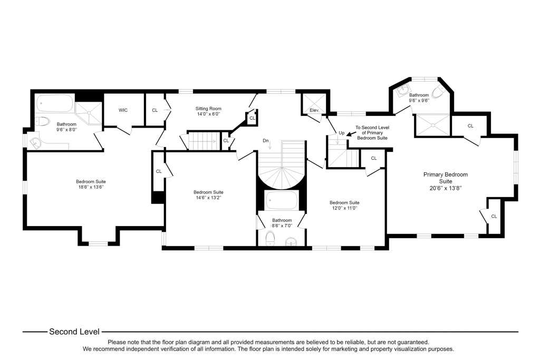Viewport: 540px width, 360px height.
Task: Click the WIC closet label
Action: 123,110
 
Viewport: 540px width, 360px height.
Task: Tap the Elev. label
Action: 314,110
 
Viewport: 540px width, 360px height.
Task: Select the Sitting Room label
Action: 208,109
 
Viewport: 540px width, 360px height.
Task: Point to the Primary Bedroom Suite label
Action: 446,178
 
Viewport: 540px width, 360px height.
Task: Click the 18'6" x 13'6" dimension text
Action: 91,187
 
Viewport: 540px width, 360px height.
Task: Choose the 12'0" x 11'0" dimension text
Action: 344,208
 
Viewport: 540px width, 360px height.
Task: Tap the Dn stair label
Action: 266,141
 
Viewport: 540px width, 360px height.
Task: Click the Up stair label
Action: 342,133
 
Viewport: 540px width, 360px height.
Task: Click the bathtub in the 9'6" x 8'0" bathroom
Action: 55,103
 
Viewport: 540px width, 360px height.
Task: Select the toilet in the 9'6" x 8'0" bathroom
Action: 42,121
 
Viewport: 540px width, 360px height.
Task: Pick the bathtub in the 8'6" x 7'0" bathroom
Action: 282,200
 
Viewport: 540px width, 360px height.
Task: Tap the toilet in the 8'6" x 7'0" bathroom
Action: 271,238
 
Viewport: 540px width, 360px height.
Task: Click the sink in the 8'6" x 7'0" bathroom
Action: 292,241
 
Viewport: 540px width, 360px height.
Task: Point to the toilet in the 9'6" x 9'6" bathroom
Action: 438,92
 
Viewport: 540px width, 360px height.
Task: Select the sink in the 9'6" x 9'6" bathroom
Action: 401,91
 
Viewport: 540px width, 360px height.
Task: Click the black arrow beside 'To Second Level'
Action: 351,134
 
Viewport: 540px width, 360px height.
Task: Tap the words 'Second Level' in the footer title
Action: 74,332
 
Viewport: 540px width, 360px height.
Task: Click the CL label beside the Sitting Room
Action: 155,110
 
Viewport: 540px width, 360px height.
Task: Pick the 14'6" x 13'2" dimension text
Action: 208,198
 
